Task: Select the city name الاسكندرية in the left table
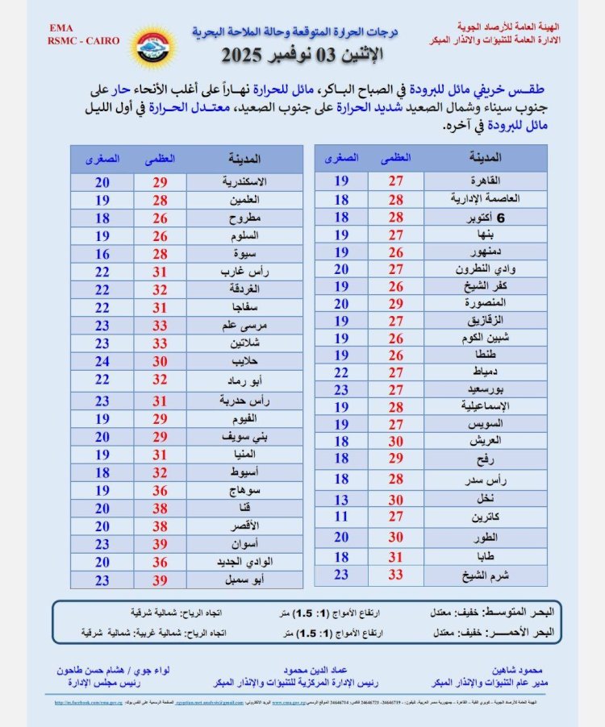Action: click(244, 181)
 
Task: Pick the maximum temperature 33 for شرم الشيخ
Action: click(396, 575)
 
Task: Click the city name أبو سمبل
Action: click(244, 580)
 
